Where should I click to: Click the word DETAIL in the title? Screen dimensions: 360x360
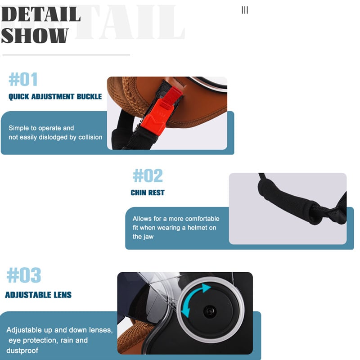click(41, 14)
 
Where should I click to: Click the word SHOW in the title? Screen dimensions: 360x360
click(35, 36)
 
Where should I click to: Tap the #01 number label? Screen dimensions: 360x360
click(23, 79)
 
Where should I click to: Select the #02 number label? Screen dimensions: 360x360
click(148, 175)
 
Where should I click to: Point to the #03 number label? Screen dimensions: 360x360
click(24, 275)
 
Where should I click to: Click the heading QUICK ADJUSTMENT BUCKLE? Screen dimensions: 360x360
click(55, 96)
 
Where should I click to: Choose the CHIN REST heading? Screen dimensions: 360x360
click(148, 193)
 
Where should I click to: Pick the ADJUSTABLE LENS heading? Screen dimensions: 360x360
click(38, 295)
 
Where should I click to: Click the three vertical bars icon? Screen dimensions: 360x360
click(245, 10)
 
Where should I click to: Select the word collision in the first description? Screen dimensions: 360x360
click(90, 137)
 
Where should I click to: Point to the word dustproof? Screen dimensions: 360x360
click(22, 351)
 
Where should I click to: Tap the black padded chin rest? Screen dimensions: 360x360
click(289, 202)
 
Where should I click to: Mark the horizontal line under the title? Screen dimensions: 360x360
click(66, 55)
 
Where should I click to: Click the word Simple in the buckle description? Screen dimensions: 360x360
click(18, 128)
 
